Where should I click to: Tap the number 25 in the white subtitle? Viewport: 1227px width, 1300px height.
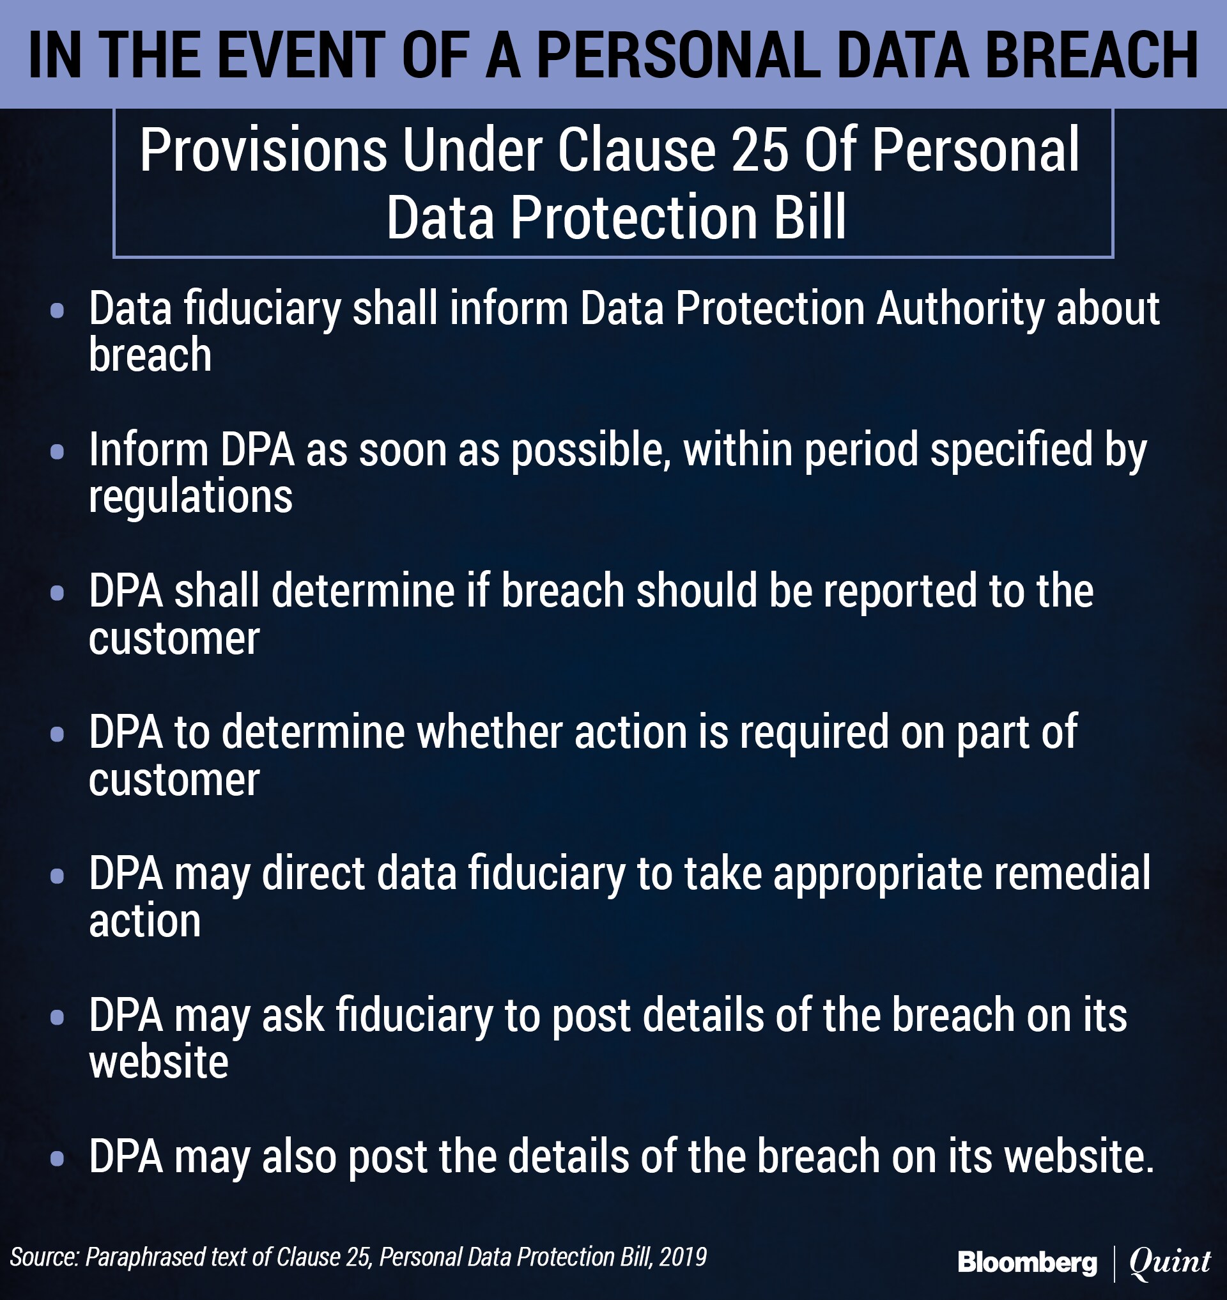click(x=759, y=150)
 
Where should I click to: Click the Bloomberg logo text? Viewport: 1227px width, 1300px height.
click(x=1027, y=1262)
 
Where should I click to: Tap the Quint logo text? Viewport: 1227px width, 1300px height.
click(x=1170, y=1262)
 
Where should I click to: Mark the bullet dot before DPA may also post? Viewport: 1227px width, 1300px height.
click(x=57, y=1159)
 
